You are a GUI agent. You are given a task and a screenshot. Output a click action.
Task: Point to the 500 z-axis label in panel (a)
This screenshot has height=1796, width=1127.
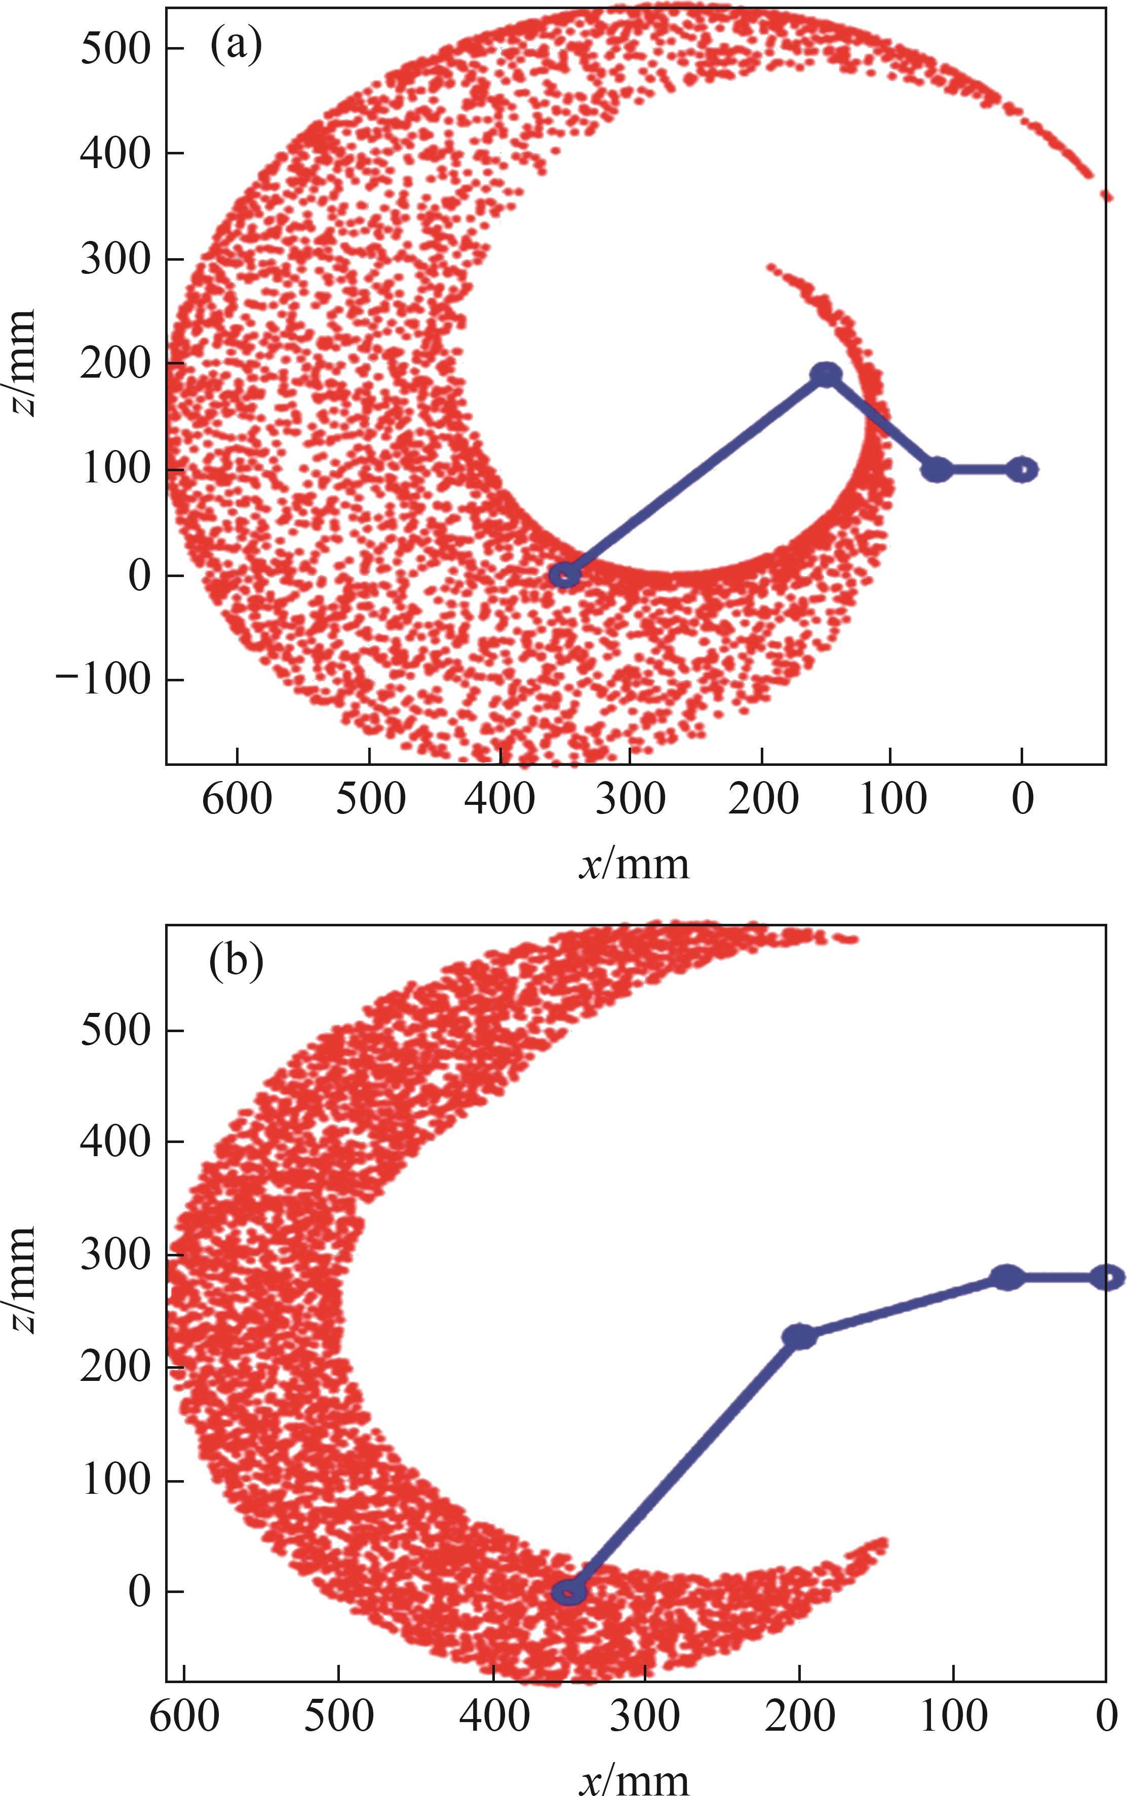point(115,49)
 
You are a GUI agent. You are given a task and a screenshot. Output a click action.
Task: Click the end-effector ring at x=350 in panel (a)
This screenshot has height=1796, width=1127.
point(565,575)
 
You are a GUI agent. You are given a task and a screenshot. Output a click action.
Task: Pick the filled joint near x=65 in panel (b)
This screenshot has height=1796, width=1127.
point(1007,1277)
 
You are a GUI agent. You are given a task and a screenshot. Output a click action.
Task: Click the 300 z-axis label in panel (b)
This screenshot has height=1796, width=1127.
point(115,1255)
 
